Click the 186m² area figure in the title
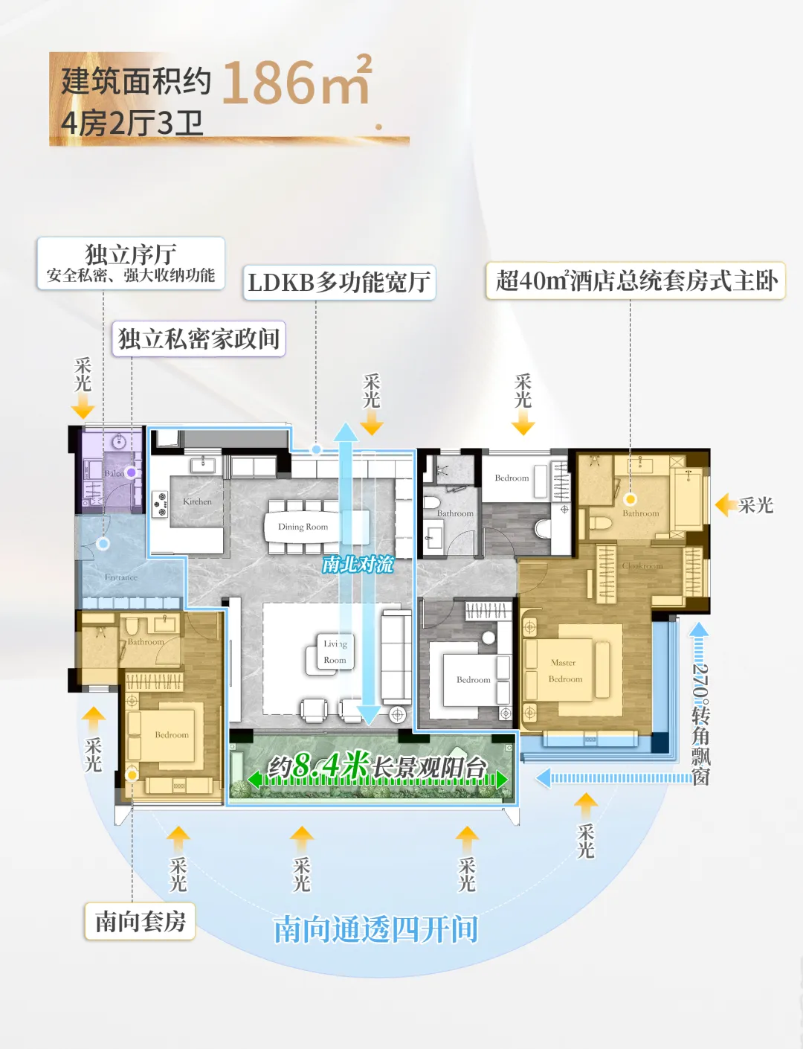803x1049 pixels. [x=296, y=82]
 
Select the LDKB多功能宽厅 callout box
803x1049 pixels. [x=339, y=283]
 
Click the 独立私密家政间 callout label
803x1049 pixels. [x=199, y=339]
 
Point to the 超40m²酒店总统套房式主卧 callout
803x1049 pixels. [x=636, y=281]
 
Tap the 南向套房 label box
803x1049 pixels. [x=140, y=922]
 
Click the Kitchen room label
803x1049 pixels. [x=197, y=502]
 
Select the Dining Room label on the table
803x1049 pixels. [x=303, y=527]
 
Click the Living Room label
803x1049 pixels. [x=335, y=652]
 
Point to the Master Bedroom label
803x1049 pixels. [x=565, y=671]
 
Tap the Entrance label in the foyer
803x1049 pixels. [x=121, y=577]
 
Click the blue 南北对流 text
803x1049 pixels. [x=358, y=565]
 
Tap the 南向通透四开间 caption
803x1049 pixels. [x=375, y=930]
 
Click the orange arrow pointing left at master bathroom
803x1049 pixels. [x=726, y=505]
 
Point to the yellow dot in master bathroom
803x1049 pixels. [x=631, y=499]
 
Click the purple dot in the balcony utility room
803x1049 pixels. [x=131, y=472]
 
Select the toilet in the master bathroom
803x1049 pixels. [x=600, y=524]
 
